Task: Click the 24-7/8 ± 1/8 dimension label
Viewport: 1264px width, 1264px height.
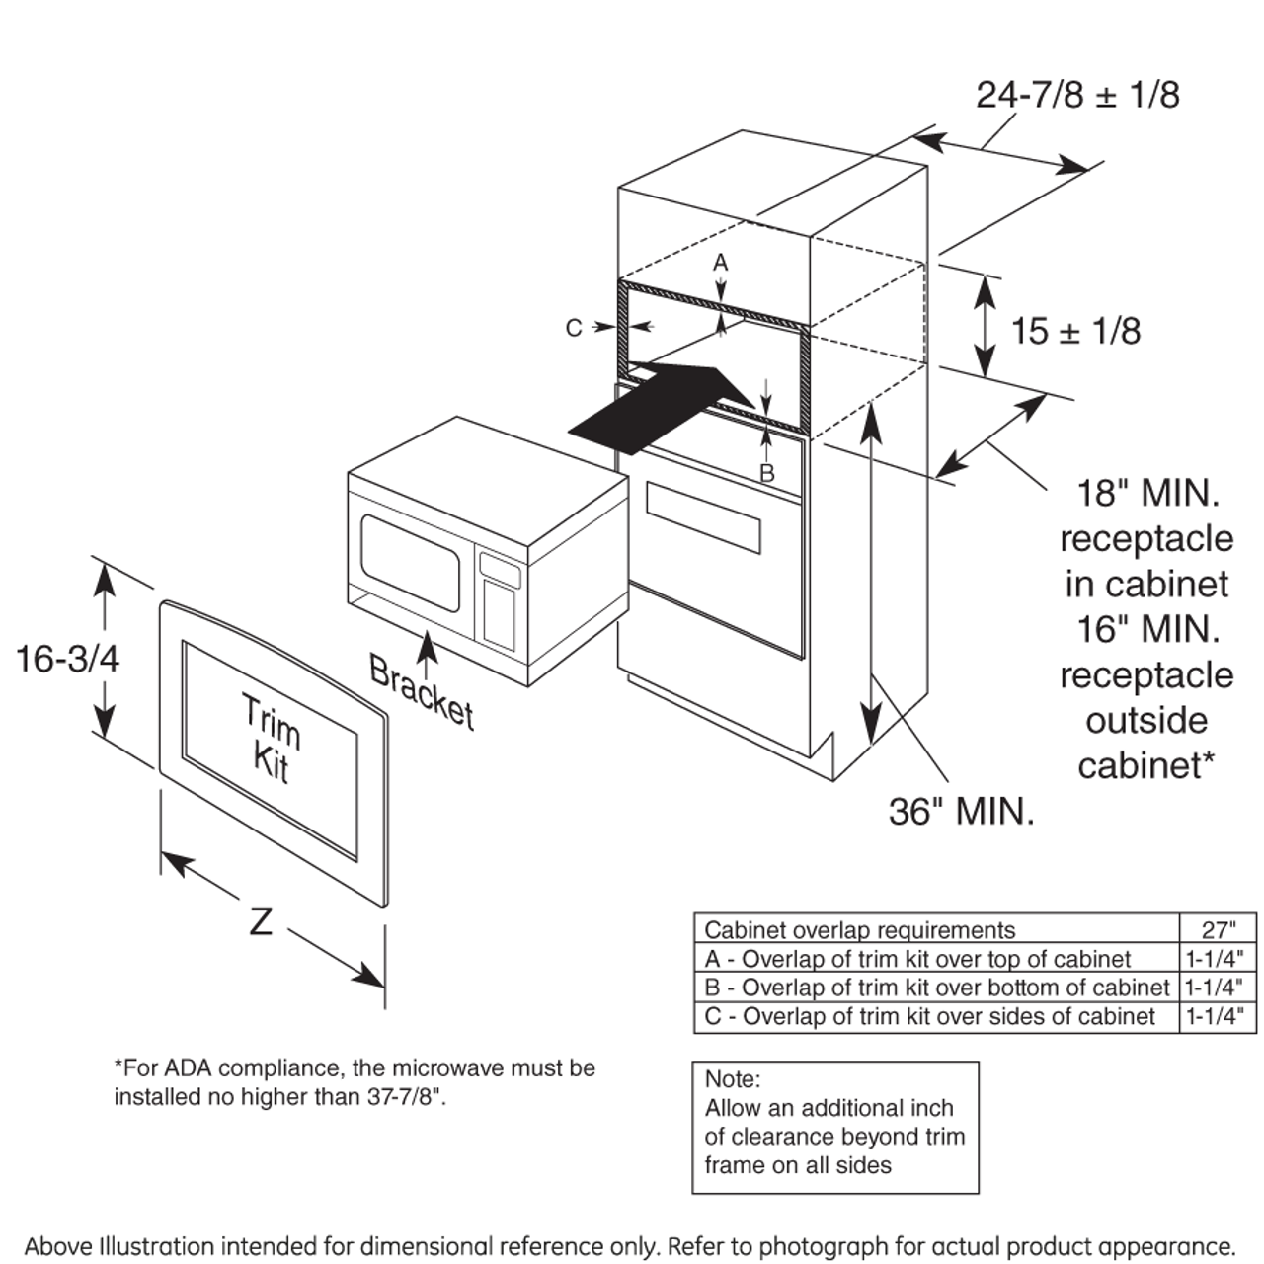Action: coord(1077,95)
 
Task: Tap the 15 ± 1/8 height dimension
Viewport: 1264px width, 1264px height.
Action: coord(1075,331)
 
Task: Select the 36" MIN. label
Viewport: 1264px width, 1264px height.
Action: coord(961,812)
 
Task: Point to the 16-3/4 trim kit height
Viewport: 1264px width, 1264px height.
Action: coord(67,658)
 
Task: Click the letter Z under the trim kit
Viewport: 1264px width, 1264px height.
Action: coord(261,922)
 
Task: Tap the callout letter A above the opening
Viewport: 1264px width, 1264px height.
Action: coord(721,263)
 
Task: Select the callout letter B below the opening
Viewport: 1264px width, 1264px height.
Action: coord(767,474)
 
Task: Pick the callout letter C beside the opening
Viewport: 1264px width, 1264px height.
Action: coord(574,327)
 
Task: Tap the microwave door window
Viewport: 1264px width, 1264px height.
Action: coord(410,561)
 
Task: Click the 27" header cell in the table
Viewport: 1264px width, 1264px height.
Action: coord(1219,929)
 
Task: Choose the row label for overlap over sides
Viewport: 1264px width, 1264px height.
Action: coord(929,1017)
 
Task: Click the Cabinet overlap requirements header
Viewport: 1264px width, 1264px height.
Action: coord(859,930)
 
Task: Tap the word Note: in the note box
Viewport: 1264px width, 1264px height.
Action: coord(733,1079)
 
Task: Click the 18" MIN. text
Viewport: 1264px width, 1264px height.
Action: coord(1147,492)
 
